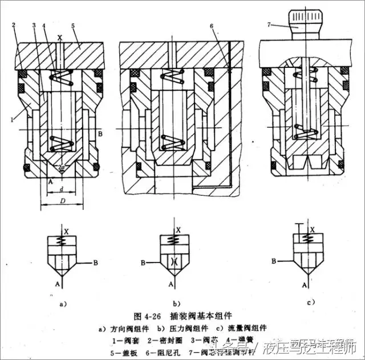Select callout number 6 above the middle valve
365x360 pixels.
[x=211, y=26]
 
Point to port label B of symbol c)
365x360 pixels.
[x=274, y=261]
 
